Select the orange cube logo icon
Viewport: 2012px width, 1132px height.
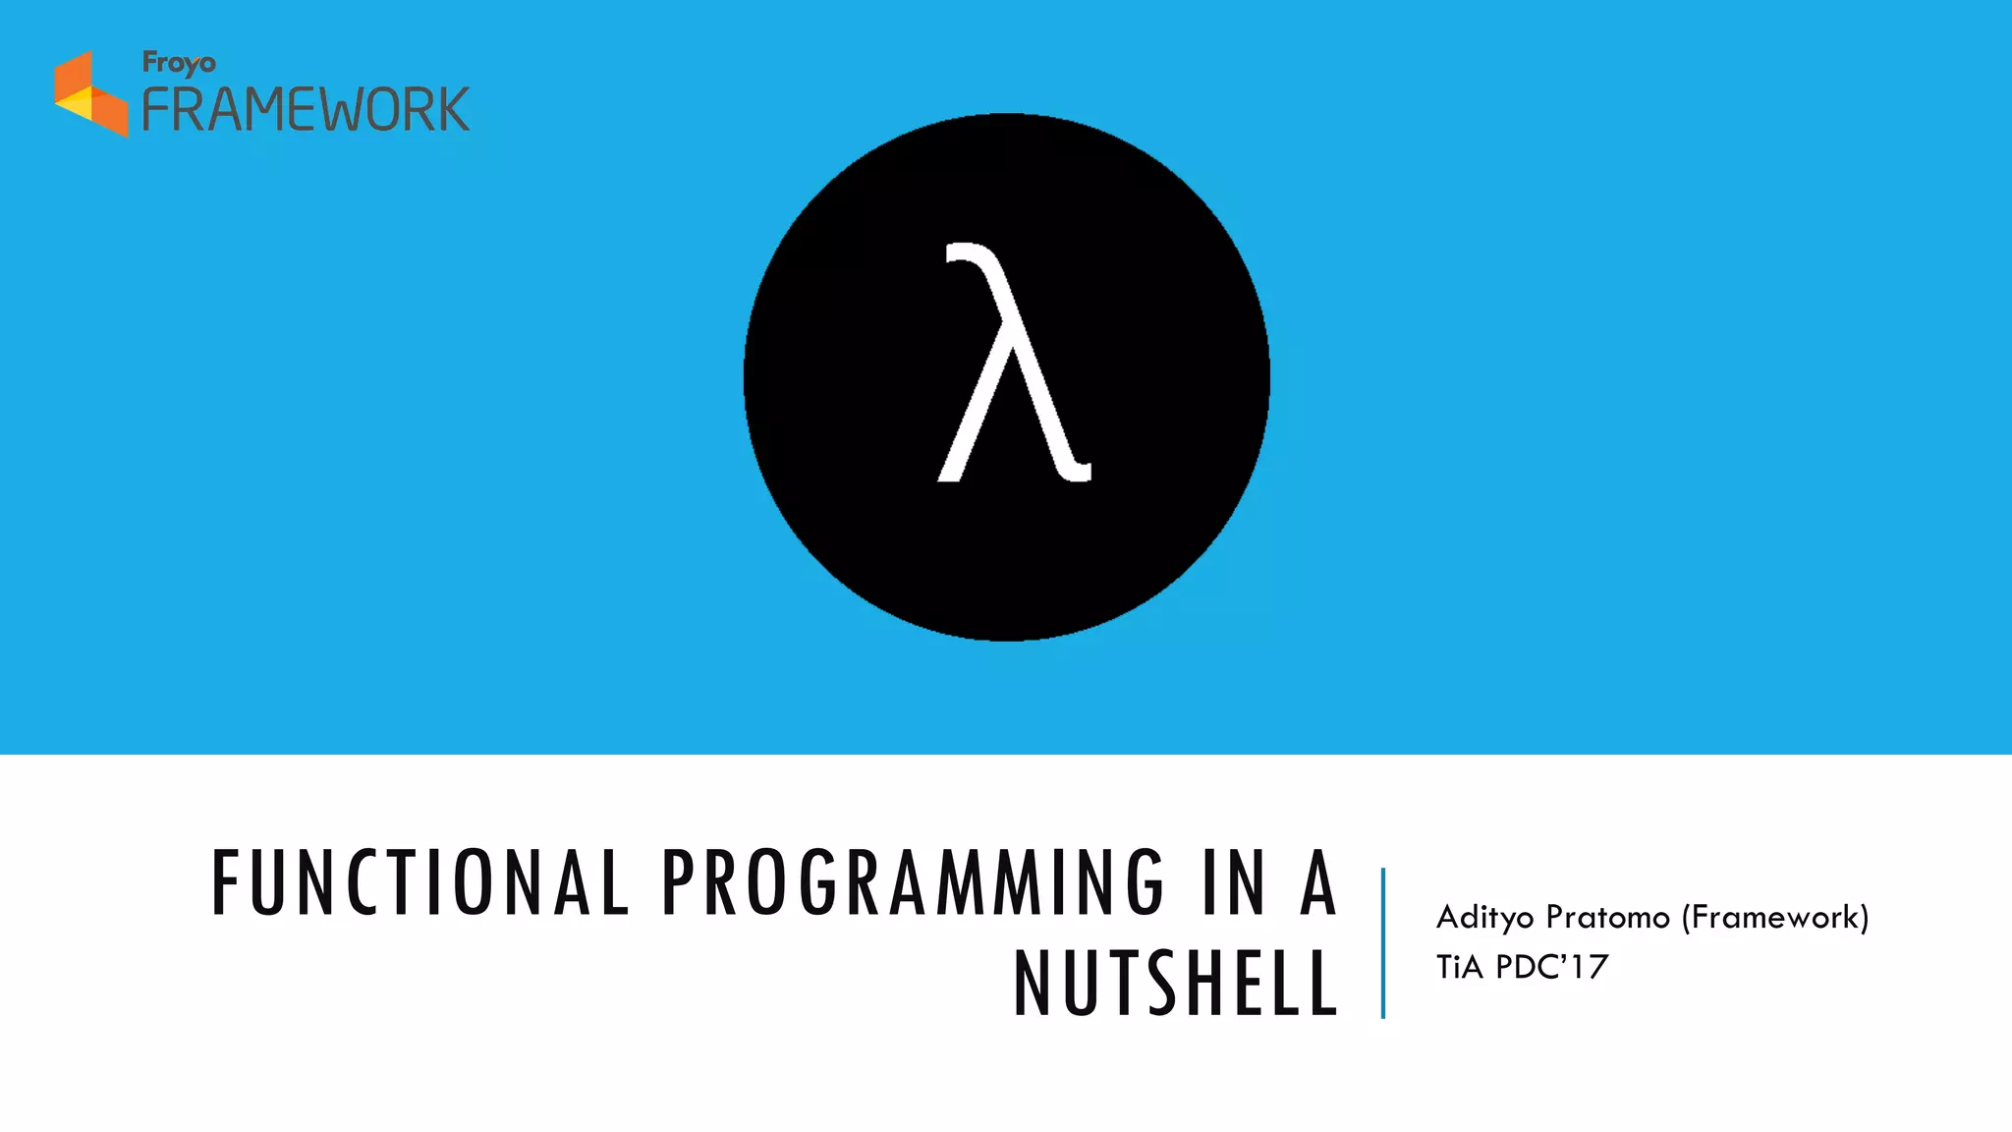coord(90,94)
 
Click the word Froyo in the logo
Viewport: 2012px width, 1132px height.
coord(179,63)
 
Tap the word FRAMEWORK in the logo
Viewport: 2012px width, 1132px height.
coord(306,109)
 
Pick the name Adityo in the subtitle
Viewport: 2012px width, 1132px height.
coord(1484,918)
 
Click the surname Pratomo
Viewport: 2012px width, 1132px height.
coord(1607,918)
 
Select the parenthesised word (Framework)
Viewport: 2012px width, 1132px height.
coord(1775,918)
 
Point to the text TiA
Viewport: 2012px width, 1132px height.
coord(1459,967)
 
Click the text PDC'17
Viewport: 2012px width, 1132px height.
coord(1552,967)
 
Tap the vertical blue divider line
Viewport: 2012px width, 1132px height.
coord(1383,942)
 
